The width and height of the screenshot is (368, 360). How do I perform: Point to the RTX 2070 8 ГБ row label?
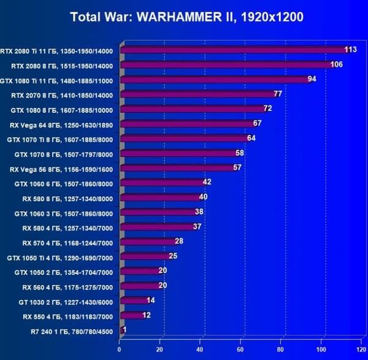[x=62, y=95]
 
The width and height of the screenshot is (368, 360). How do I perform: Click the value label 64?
[x=251, y=138]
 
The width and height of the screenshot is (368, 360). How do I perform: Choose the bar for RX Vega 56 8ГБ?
[x=177, y=168]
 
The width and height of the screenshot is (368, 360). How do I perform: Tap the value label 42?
[x=207, y=182]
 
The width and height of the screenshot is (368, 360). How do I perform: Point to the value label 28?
[x=179, y=241]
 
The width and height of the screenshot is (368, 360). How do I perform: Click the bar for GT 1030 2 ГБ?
[x=133, y=301]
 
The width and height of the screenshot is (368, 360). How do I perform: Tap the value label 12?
[x=147, y=315]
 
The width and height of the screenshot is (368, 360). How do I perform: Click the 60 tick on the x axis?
[x=241, y=350]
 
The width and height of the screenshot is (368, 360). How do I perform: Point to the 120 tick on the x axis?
[x=362, y=350]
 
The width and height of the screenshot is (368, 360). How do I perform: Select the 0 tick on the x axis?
[x=119, y=350]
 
